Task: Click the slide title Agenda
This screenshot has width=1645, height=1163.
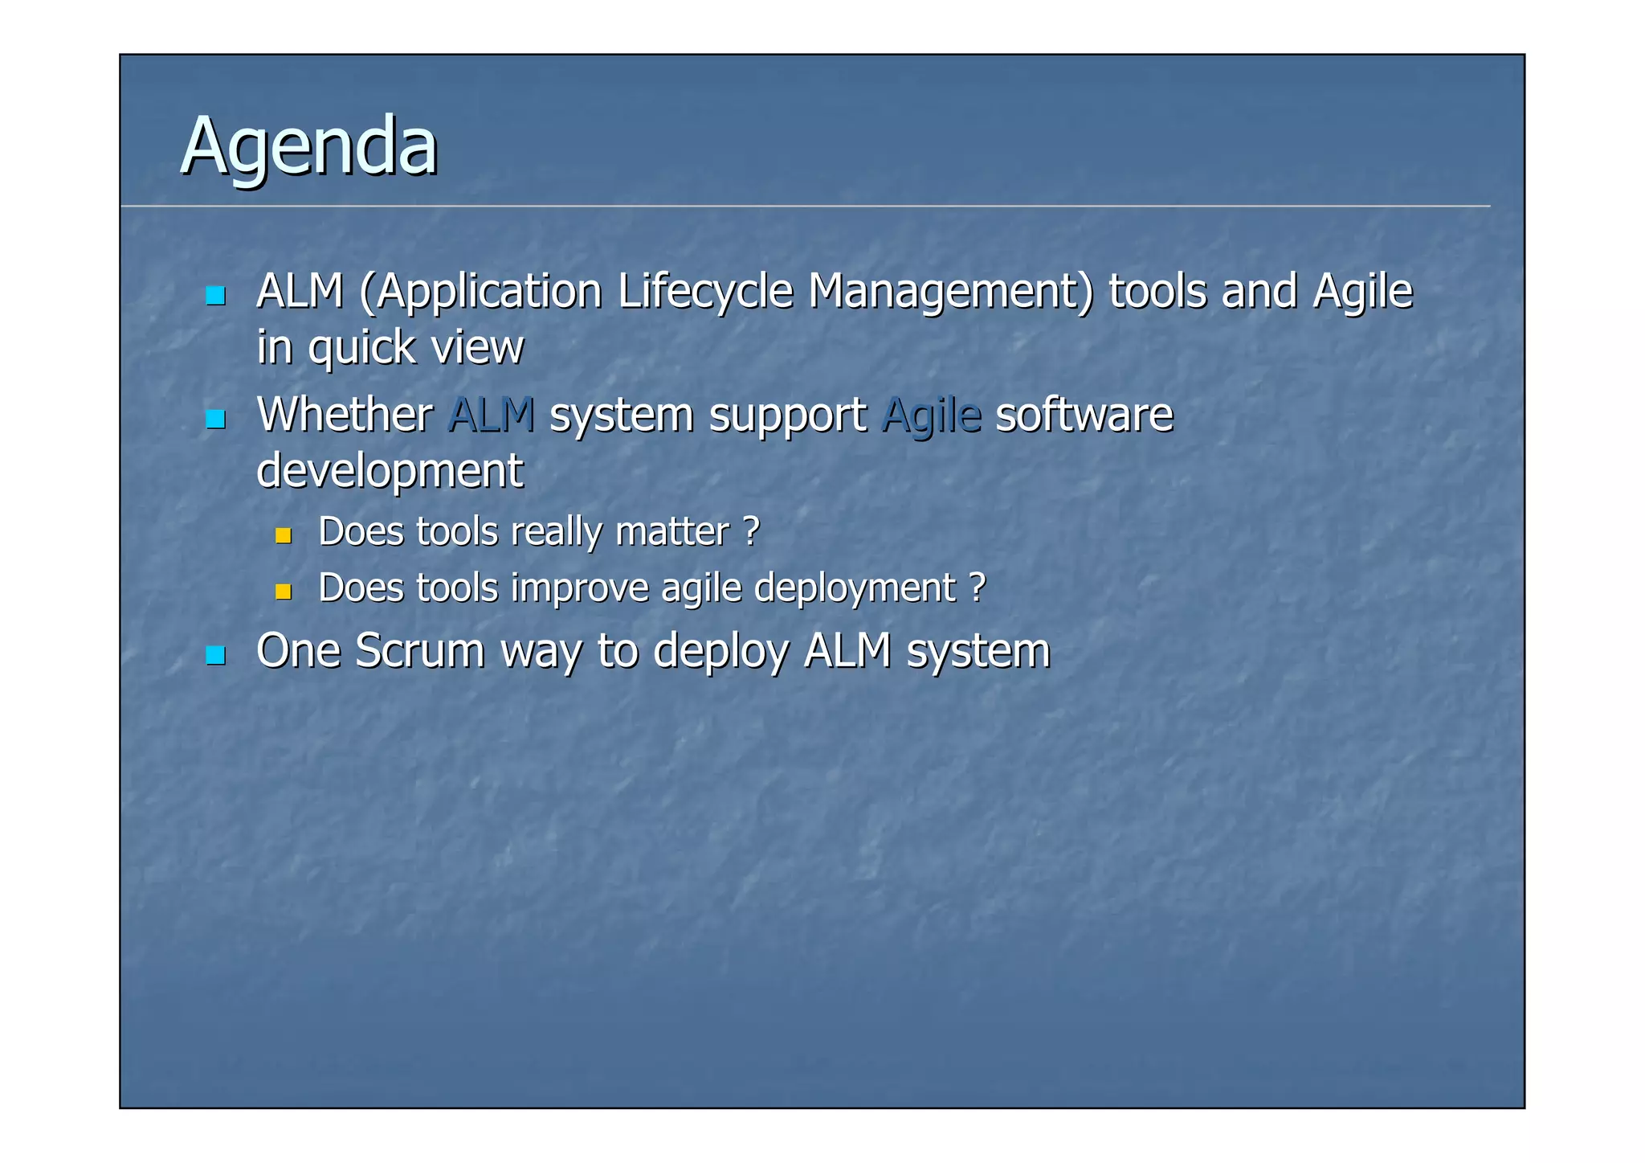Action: [309, 147]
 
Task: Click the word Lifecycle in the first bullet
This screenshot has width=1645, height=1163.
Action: [704, 291]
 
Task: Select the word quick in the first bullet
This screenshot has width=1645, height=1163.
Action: [361, 348]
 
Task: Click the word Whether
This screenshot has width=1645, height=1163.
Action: [345, 415]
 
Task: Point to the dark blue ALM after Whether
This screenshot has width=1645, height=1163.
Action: [491, 415]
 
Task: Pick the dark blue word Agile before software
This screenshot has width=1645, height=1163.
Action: [931, 416]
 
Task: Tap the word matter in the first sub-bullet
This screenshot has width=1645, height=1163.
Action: [671, 532]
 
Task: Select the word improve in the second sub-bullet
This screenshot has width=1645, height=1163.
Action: [579, 588]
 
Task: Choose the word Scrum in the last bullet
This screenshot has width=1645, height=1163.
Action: [419, 650]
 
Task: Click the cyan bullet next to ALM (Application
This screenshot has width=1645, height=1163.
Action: [215, 296]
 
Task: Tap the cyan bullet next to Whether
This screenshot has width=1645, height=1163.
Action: [215, 419]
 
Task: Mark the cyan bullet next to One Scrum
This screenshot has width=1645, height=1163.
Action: [215, 655]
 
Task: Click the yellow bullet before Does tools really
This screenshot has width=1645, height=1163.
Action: [283, 535]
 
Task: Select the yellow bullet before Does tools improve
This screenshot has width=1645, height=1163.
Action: [283, 592]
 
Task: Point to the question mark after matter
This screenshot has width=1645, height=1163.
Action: [751, 531]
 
